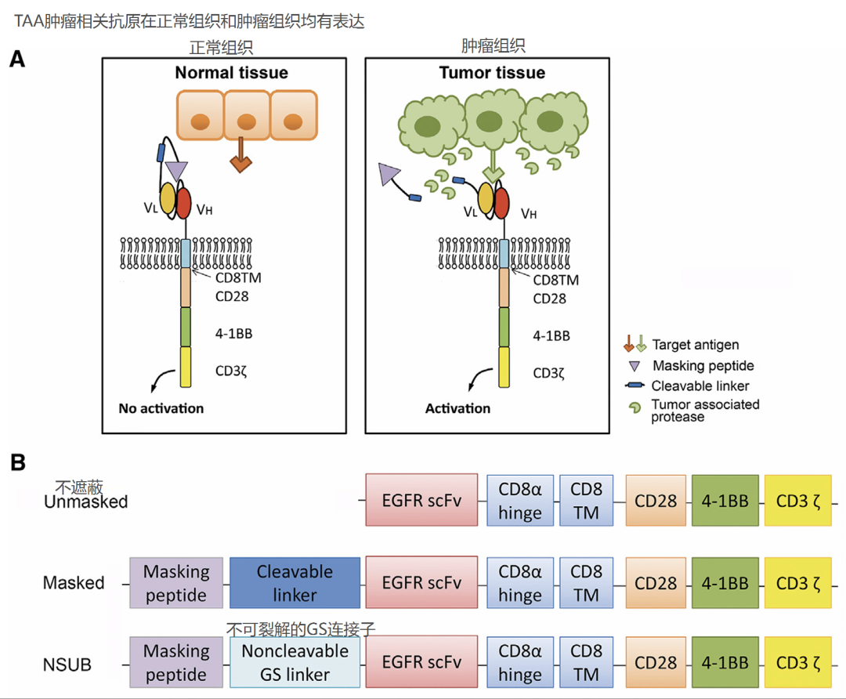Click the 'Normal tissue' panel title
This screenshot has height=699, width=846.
231,73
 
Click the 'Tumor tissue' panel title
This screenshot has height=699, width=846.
492,73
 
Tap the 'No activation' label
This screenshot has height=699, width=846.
161,408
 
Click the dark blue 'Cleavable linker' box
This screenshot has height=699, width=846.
295,583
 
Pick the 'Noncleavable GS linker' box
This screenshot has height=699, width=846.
295,663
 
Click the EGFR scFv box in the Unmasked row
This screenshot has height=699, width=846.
421,500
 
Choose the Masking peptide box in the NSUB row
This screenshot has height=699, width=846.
176,663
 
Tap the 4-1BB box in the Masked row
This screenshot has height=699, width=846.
725,583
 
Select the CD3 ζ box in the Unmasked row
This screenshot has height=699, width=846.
797,500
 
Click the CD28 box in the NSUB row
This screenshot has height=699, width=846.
656,663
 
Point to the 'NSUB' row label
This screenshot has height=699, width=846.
67,665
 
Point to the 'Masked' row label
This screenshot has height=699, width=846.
74,583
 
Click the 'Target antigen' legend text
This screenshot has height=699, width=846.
695,345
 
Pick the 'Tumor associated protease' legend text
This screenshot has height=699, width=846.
705,411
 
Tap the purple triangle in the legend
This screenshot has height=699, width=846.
634,366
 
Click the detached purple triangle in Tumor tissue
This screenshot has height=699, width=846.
389,174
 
